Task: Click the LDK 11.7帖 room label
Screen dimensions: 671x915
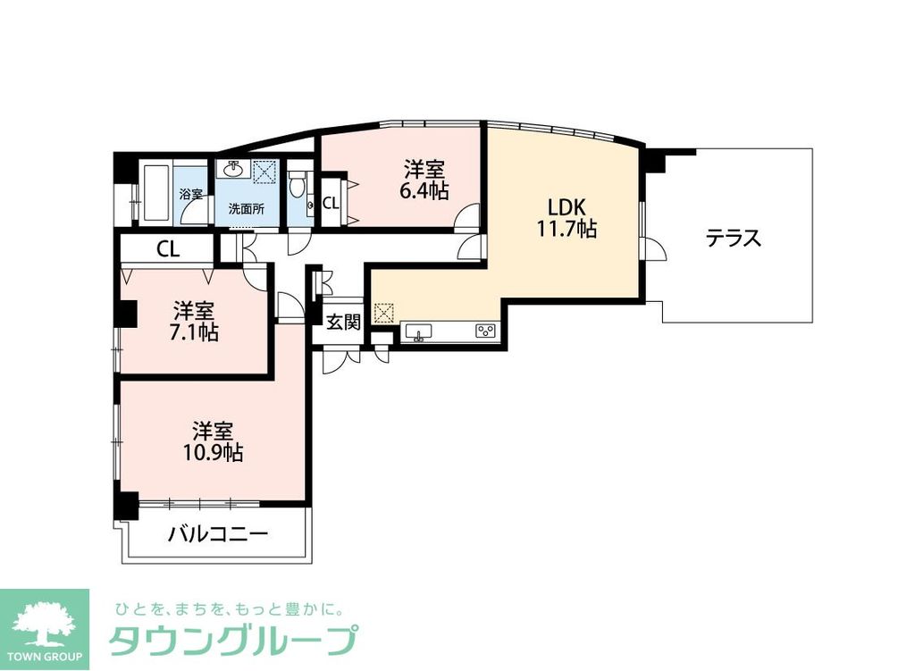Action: click(567, 217)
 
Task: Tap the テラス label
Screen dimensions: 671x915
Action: click(733, 239)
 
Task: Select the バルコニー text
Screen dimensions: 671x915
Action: click(218, 535)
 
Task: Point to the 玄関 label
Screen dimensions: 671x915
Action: click(342, 323)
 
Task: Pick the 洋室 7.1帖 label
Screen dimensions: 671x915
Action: click(195, 323)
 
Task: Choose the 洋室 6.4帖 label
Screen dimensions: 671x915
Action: click(425, 180)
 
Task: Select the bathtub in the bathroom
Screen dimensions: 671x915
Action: click(155, 192)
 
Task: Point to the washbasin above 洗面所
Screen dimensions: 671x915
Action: click(235, 170)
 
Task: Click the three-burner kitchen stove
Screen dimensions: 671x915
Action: click(486, 331)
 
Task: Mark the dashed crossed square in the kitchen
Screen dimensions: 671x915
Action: click(382, 313)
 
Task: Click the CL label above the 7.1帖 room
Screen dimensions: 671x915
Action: click(167, 249)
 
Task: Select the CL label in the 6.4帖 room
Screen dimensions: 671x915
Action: click(330, 203)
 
